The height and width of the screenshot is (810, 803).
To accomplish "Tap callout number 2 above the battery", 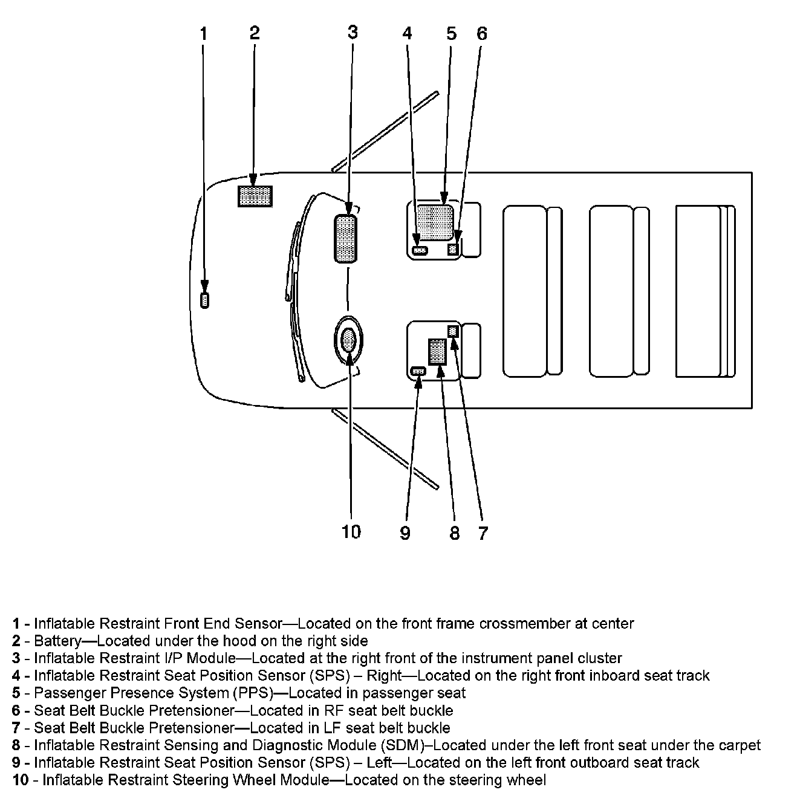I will [x=255, y=33].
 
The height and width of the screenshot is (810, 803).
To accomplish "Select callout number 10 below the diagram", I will [x=351, y=531].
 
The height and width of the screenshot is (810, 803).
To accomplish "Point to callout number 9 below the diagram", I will [x=405, y=533].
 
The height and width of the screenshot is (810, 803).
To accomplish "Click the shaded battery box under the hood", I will [x=255, y=196].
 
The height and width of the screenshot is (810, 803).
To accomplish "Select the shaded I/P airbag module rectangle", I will [x=345, y=239].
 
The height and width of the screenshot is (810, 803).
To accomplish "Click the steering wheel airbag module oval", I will [x=349, y=340].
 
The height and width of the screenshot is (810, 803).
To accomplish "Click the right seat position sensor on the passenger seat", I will [x=419, y=250].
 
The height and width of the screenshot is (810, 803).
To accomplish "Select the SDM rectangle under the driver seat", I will [x=437, y=351].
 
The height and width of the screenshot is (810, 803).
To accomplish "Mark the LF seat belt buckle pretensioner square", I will [x=454, y=331].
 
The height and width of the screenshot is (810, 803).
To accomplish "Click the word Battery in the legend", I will [x=57, y=641].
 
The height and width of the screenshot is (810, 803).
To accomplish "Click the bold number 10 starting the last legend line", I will [x=21, y=780].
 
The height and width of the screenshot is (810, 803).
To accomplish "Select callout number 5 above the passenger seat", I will [x=451, y=34].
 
